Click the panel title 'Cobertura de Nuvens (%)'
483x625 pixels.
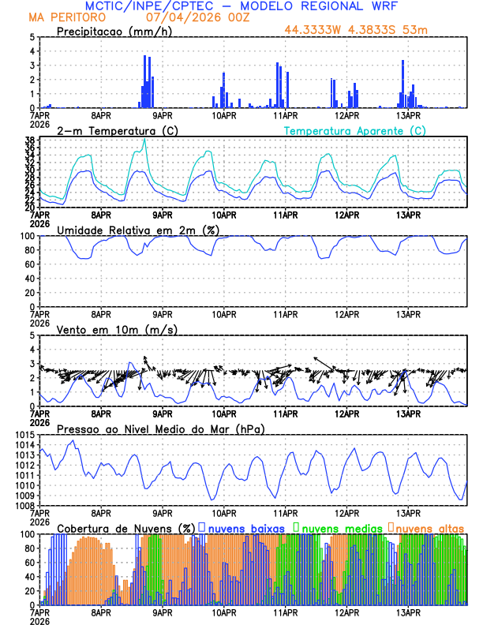pos(126,528)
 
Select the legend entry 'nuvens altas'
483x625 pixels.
pos(429,528)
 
